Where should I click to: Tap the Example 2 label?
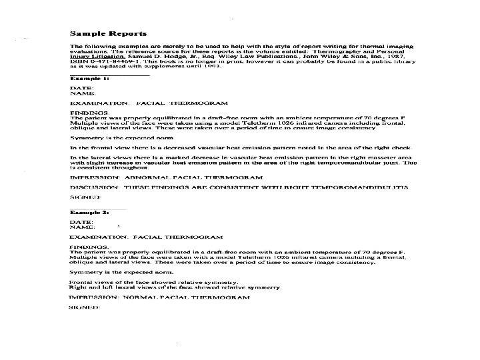(x=90, y=211)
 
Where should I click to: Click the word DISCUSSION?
(x=93, y=187)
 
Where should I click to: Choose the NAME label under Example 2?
(x=82, y=226)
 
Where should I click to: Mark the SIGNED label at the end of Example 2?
(x=85, y=307)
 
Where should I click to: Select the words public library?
(x=392, y=62)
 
